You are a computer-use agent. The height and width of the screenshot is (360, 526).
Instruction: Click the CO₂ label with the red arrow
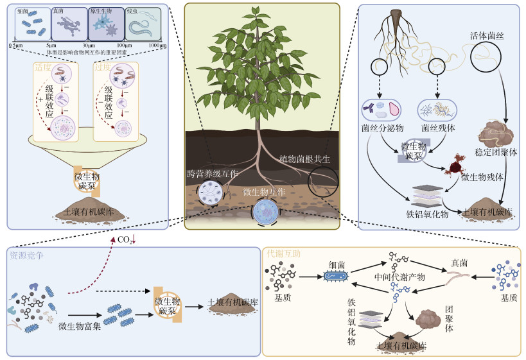coord(127,240)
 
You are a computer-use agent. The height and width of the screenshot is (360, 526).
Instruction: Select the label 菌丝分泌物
coord(381,128)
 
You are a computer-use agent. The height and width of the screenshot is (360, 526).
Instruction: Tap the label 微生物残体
coord(482,177)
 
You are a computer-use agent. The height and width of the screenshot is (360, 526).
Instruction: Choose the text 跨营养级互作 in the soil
coord(212,174)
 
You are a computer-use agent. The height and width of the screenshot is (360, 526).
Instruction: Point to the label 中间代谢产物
coord(400,277)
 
